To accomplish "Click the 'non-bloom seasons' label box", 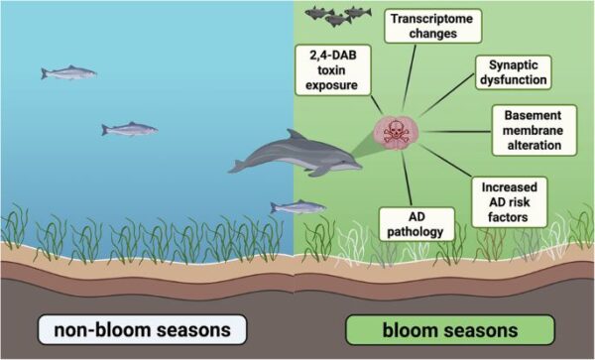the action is pyautogui.click(x=142, y=329).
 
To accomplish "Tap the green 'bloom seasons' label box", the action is pyautogui.click(x=450, y=329).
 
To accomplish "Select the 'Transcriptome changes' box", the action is pyautogui.click(x=432, y=26).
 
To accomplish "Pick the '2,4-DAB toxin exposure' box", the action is pyautogui.click(x=332, y=70).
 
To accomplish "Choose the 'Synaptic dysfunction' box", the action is pyautogui.click(x=514, y=72).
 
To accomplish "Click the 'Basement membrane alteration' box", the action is pyautogui.click(x=535, y=130).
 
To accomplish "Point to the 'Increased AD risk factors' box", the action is pyautogui.click(x=510, y=202).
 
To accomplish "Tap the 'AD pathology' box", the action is pyautogui.click(x=416, y=224).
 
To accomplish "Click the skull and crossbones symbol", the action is pyautogui.click(x=396, y=133).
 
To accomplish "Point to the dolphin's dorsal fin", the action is pyautogui.click(x=295, y=135).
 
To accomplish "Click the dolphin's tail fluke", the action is pyautogui.click(x=237, y=167).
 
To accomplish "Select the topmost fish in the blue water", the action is pyautogui.click(x=68, y=72).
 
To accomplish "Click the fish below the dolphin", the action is pyautogui.click(x=298, y=207).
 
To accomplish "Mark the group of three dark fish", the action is pyautogui.click(x=337, y=16).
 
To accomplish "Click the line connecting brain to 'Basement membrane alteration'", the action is pyautogui.click(x=456, y=132).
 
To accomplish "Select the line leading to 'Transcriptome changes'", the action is pyautogui.click(x=409, y=77).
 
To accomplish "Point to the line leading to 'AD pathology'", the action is pyautogui.click(x=407, y=179).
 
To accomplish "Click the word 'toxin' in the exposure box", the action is pyautogui.click(x=331, y=70).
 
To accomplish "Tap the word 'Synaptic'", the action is pyautogui.click(x=514, y=64).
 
